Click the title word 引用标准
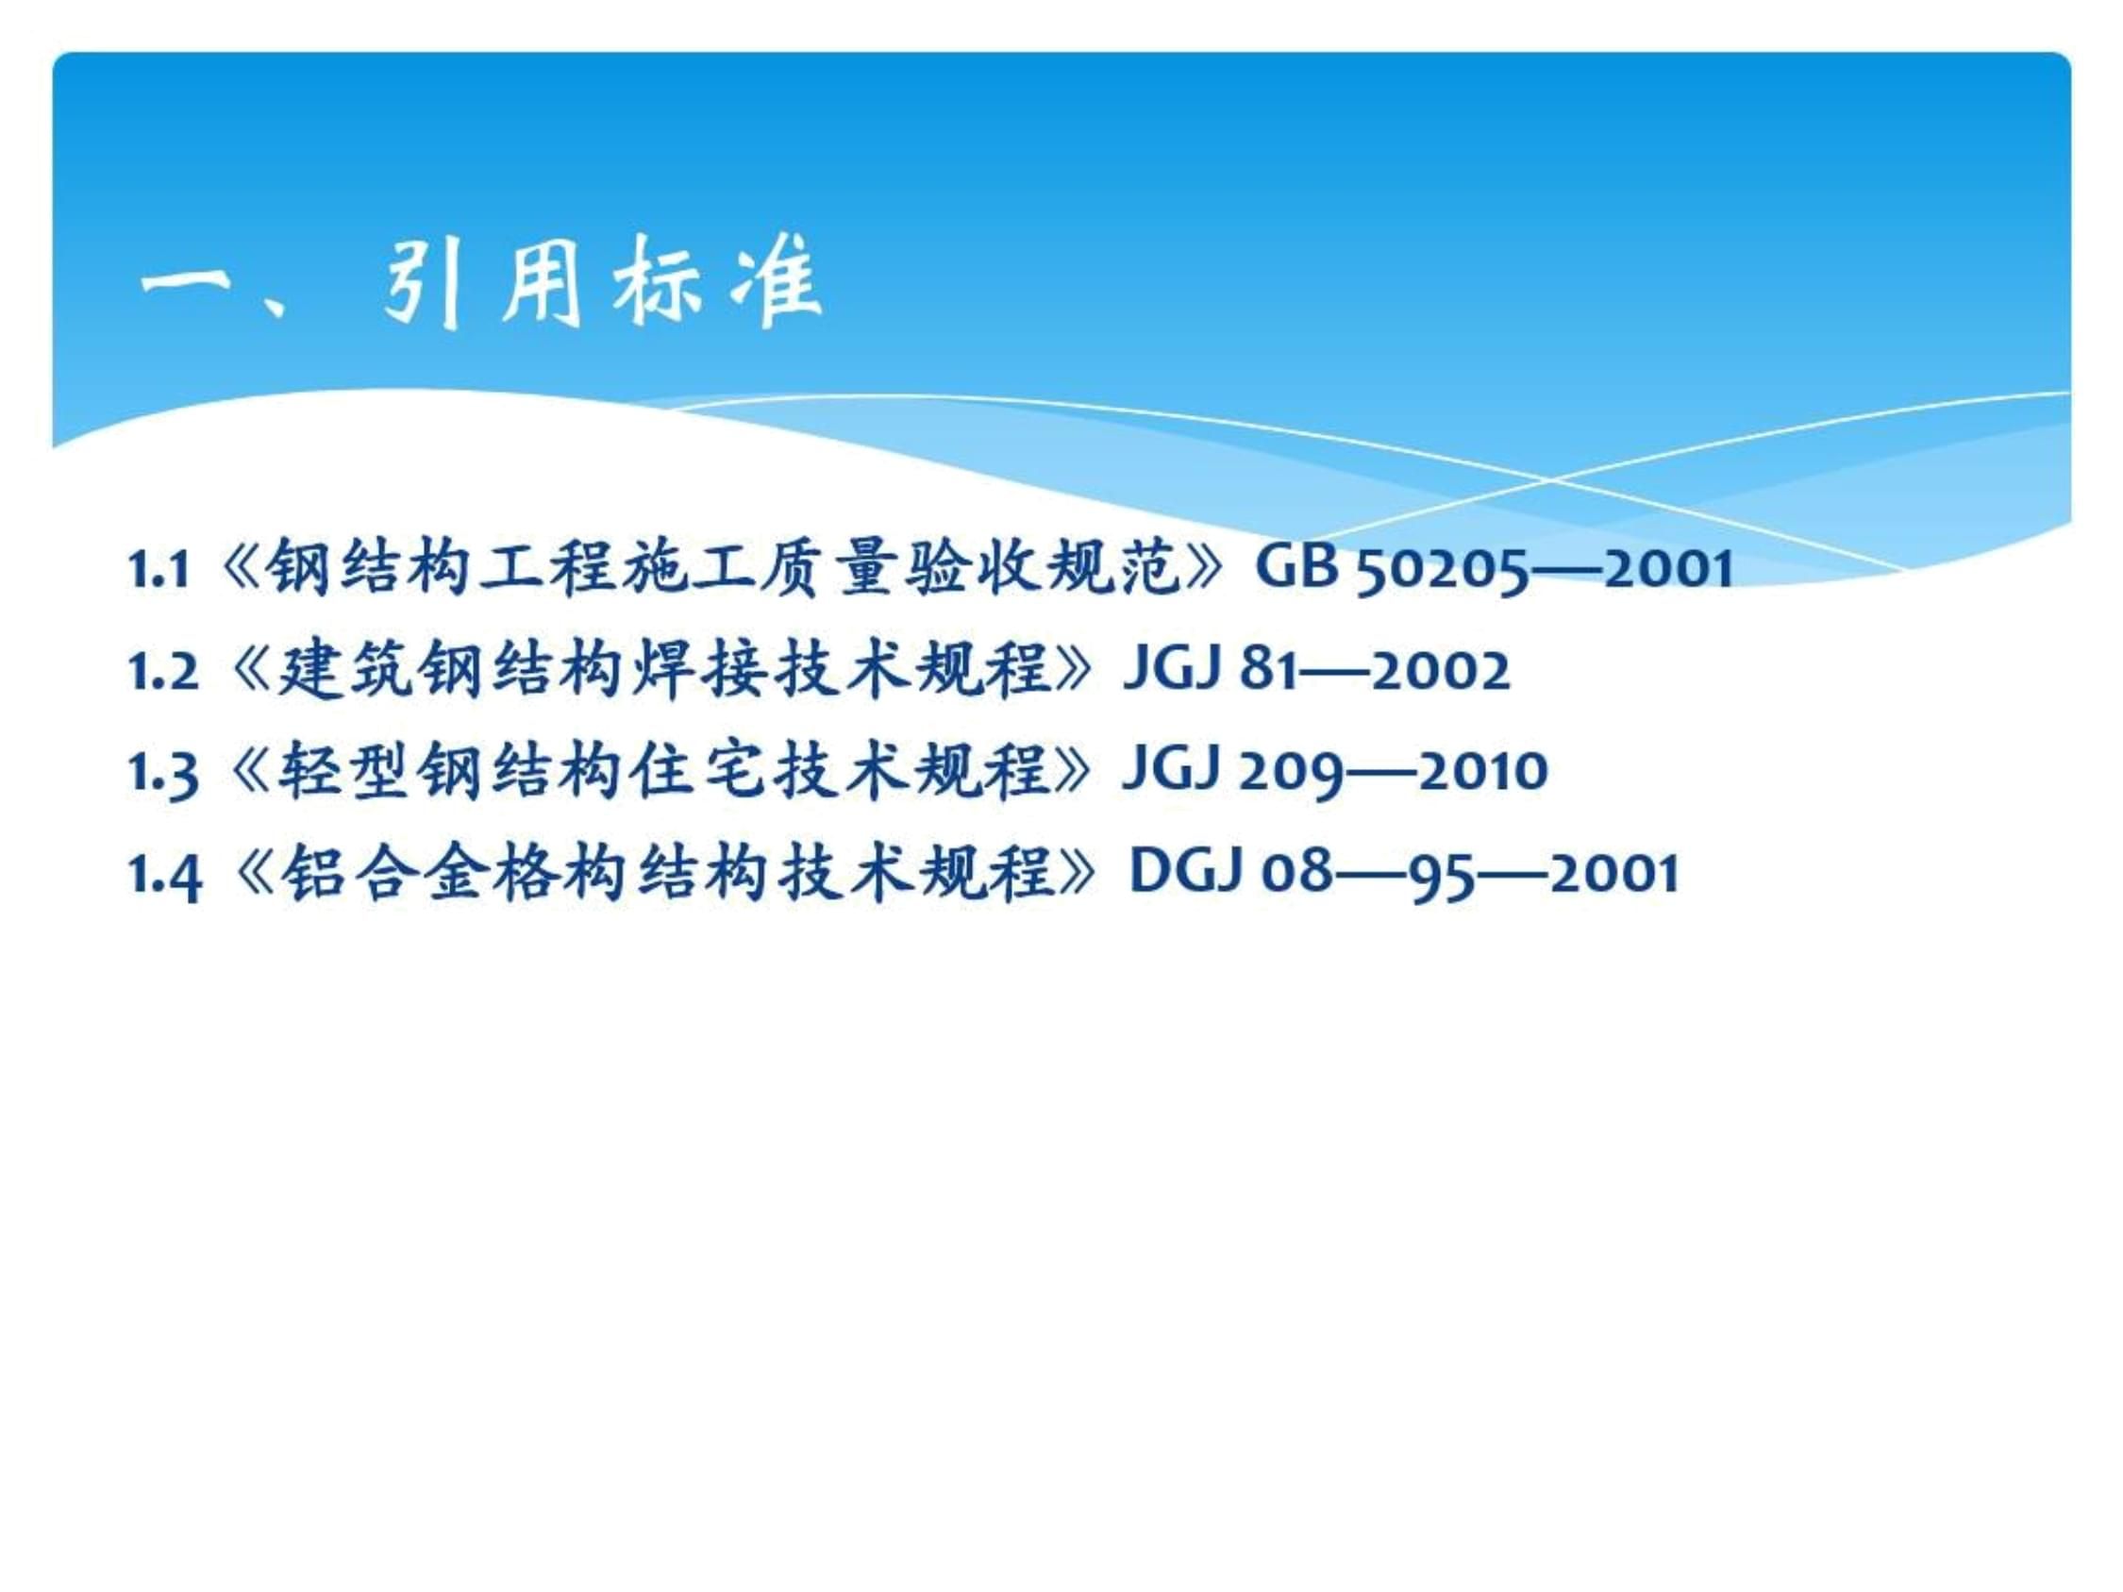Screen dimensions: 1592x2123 pyautogui.click(x=602, y=282)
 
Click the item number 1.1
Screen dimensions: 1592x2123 pyautogui.click(x=159, y=570)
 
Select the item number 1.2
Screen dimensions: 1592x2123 pyautogui.click(x=163, y=672)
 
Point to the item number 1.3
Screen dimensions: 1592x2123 pyautogui.click(x=163, y=774)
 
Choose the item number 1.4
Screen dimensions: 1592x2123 pyautogui.click(x=164, y=875)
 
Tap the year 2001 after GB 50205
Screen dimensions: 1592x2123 pyautogui.click(x=1668, y=569)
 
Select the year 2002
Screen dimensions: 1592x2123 pyautogui.click(x=1441, y=671)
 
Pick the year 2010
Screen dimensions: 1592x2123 pyautogui.click(x=1483, y=773)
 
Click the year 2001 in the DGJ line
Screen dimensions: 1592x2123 pyautogui.click(x=1614, y=874)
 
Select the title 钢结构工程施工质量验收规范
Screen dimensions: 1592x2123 pyautogui.click(x=722, y=569)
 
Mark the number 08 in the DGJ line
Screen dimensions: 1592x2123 pyautogui.click(x=1296, y=874)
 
